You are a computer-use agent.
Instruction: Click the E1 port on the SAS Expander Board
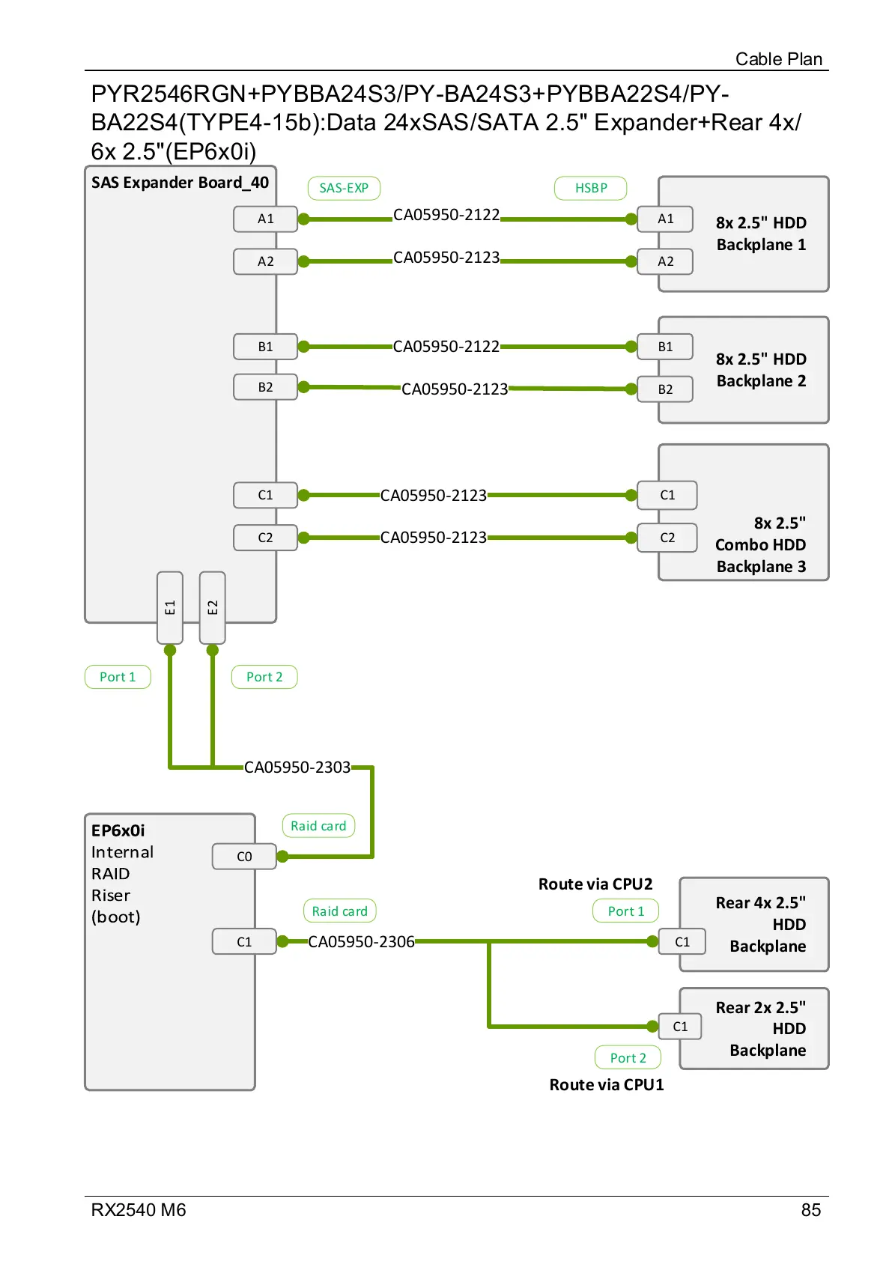pyautogui.click(x=170, y=607)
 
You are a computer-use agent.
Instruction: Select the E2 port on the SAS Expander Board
pyautogui.click(x=213, y=607)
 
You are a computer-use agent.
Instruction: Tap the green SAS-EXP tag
pyautogui.click(x=344, y=188)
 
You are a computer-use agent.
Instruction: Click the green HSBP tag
pyautogui.click(x=590, y=188)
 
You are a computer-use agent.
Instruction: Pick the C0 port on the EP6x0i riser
pyautogui.click(x=244, y=857)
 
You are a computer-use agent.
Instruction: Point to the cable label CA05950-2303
pyautogui.click(x=297, y=768)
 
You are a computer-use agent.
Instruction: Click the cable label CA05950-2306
pyautogui.click(x=361, y=942)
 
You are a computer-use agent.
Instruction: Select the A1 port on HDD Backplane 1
pyautogui.click(x=665, y=219)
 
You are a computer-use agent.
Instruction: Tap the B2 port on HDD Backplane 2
pyautogui.click(x=665, y=389)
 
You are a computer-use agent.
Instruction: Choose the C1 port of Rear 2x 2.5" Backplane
pyautogui.click(x=680, y=1027)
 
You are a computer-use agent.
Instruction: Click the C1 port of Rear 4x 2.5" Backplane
pyautogui.click(x=682, y=942)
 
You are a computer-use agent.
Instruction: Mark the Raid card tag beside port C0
pyautogui.click(x=318, y=826)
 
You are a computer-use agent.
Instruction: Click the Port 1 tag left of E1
pyautogui.click(x=118, y=677)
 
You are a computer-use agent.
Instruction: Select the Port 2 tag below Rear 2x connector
pyautogui.click(x=628, y=1057)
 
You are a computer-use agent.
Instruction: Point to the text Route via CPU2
pyautogui.click(x=595, y=884)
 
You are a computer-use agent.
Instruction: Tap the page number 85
pyautogui.click(x=810, y=1210)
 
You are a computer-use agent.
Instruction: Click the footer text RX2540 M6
pyautogui.click(x=139, y=1210)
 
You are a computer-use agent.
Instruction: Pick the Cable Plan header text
pyautogui.click(x=778, y=59)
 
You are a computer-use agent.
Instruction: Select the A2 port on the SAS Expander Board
pyautogui.click(x=265, y=261)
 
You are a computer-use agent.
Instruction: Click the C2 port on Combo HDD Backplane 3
pyautogui.click(x=667, y=538)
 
